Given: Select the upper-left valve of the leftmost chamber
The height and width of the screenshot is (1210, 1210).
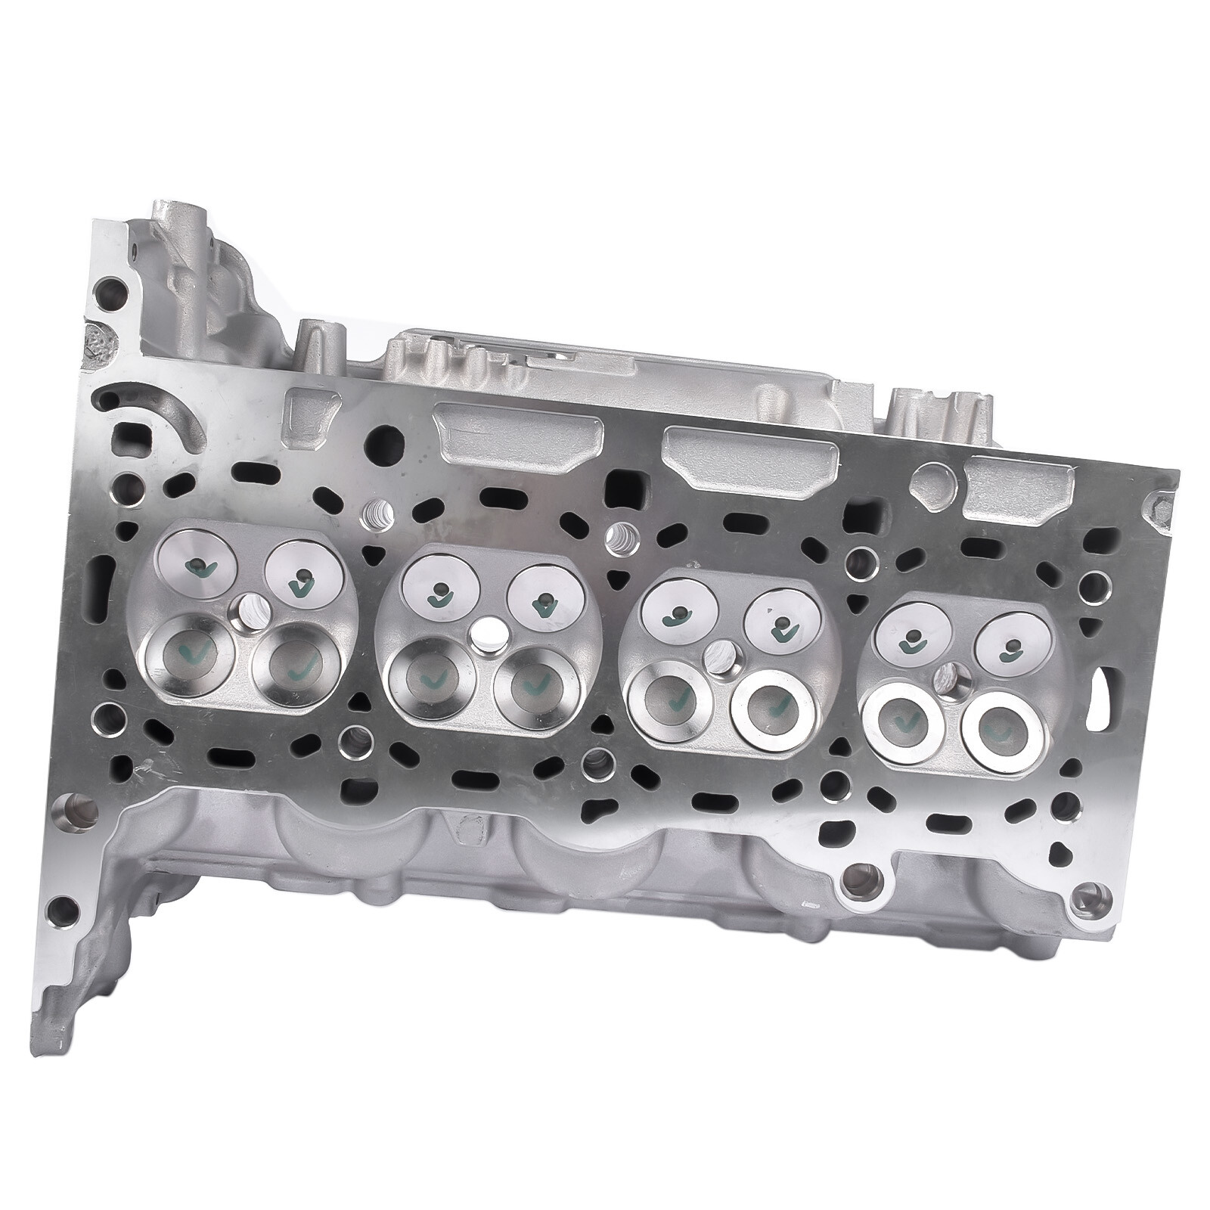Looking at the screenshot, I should (x=196, y=565).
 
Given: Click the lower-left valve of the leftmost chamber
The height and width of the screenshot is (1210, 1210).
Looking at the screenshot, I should (x=186, y=650).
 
